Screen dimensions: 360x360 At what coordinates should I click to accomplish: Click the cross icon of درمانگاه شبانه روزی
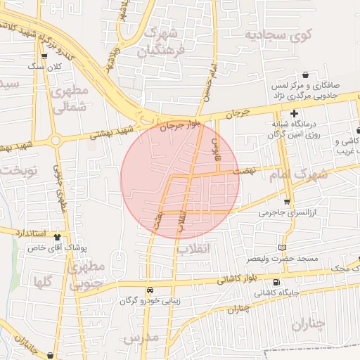point(294,113)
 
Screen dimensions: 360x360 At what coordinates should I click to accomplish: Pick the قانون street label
point(217,147)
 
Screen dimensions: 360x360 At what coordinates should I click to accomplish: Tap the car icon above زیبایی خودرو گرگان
point(150,290)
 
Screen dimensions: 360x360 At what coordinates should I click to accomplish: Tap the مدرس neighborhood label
point(141,338)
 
